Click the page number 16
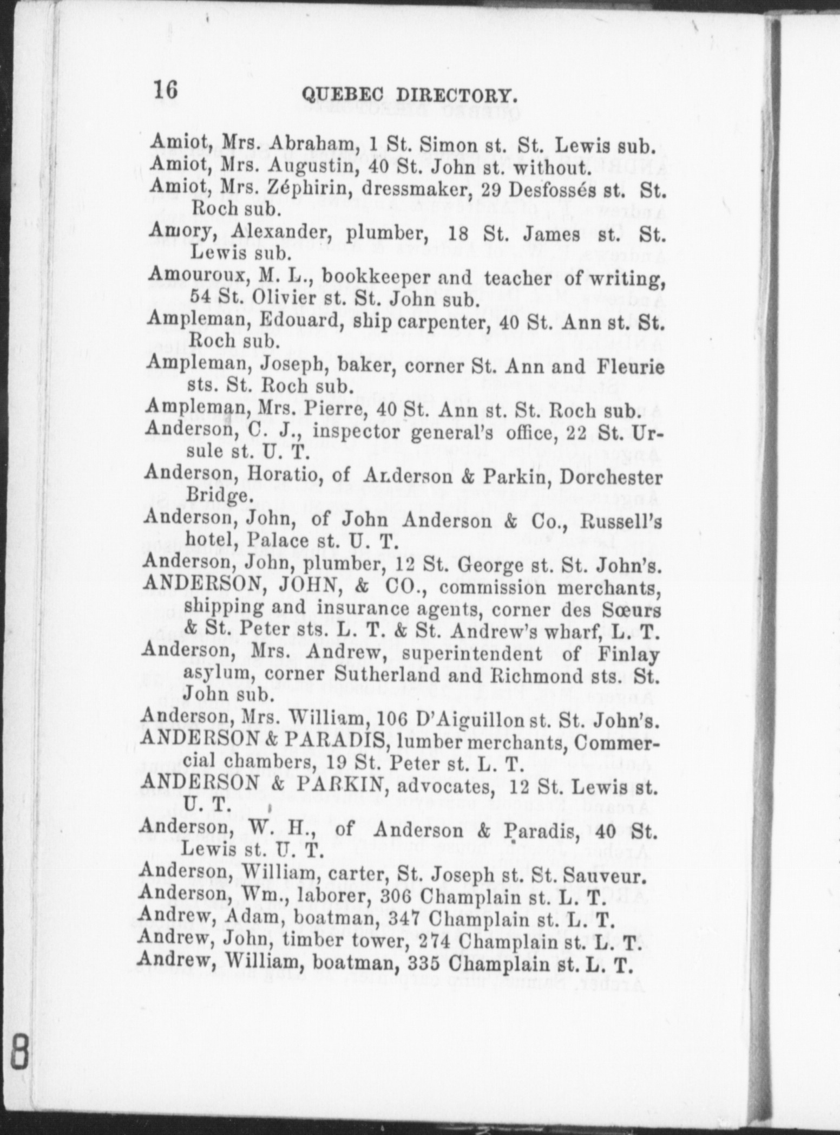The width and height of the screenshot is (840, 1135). click(x=166, y=89)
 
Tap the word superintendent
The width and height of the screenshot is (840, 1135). click(x=471, y=654)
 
